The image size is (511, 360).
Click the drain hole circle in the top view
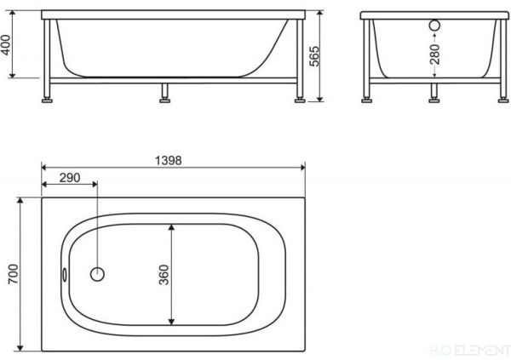[98, 274]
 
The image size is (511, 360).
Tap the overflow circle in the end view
[434, 26]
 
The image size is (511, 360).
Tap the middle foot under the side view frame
[163, 96]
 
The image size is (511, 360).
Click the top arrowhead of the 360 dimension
[173, 228]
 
